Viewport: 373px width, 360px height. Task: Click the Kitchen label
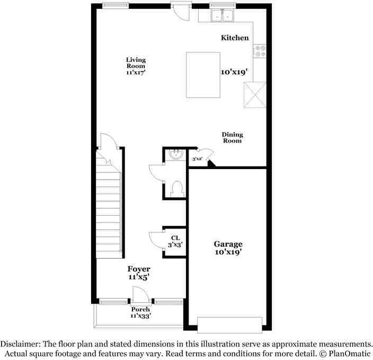[x=234, y=38]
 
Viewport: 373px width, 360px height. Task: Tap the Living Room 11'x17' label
[x=136, y=66]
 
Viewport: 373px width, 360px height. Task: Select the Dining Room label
[x=232, y=138]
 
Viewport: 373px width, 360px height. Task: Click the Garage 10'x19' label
[x=228, y=248]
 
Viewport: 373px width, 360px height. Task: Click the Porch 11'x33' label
[x=141, y=312]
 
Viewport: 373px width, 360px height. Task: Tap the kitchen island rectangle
[x=202, y=75]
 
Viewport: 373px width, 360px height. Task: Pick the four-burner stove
[x=260, y=51]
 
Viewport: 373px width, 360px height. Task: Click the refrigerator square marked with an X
[x=253, y=95]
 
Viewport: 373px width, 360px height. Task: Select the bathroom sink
[x=175, y=154]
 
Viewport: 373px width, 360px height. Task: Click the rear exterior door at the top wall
[x=179, y=11]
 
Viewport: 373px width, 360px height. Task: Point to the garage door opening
[x=229, y=324]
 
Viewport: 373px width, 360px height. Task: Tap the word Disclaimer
[x=20, y=344]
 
